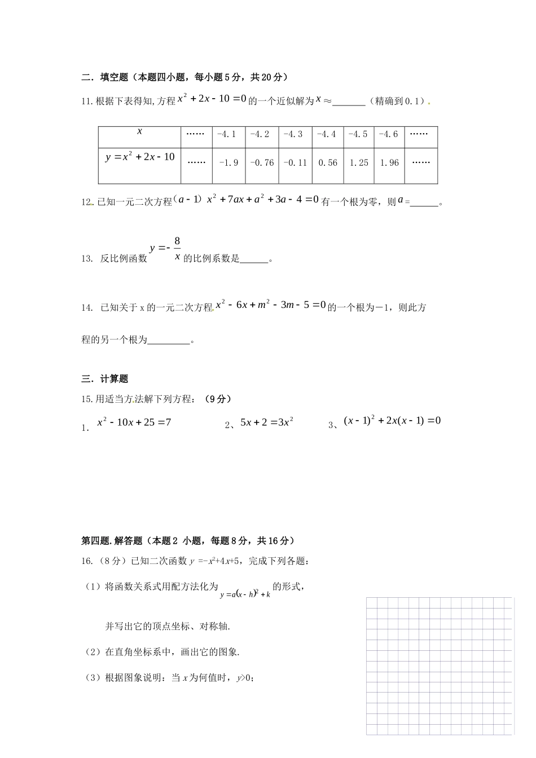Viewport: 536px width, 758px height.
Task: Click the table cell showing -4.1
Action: (x=229, y=134)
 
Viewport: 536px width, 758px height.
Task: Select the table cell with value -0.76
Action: (x=261, y=162)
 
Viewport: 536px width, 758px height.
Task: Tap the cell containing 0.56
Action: (x=327, y=162)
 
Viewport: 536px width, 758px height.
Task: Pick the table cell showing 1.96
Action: (x=389, y=162)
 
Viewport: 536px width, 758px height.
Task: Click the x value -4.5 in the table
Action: (x=358, y=134)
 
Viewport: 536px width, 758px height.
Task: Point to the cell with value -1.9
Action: (x=229, y=162)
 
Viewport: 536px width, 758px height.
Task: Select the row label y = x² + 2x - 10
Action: (x=140, y=157)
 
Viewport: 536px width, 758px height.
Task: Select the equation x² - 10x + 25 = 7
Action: (x=134, y=422)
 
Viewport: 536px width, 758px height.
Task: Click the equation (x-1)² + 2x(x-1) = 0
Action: (x=392, y=421)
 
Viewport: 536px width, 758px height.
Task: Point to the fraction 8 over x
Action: (x=177, y=249)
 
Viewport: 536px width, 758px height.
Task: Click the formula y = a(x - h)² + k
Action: (x=245, y=594)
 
